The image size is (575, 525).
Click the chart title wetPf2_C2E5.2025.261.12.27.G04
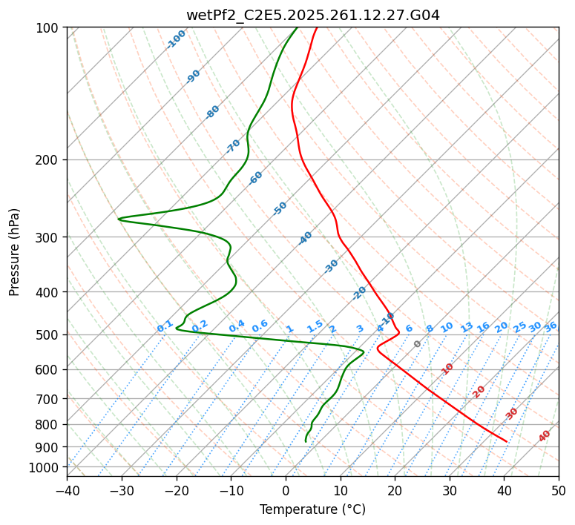(x=312, y=15)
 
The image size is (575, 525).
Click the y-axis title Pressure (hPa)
(x=15, y=252)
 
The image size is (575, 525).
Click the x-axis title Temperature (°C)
(x=312, y=509)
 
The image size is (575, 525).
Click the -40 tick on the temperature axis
(x=67, y=490)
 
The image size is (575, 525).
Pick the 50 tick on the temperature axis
(x=559, y=490)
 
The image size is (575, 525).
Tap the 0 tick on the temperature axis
(x=286, y=490)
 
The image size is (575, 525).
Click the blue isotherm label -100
(x=177, y=39)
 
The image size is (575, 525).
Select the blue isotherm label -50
(x=280, y=208)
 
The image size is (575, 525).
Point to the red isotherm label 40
(x=545, y=436)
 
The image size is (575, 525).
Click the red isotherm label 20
(x=479, y=391)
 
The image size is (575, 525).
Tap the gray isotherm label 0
(x=418, y=344)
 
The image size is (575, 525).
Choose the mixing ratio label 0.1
(x=165, y=326)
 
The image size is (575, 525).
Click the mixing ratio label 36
(x=551, y=327)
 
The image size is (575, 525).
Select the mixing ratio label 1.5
(x=315, y=326)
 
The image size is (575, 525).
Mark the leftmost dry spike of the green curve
(x=119, y=219)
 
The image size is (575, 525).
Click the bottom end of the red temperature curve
(x=507, y=441)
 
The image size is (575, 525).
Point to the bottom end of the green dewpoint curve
(x=306, y=441)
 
